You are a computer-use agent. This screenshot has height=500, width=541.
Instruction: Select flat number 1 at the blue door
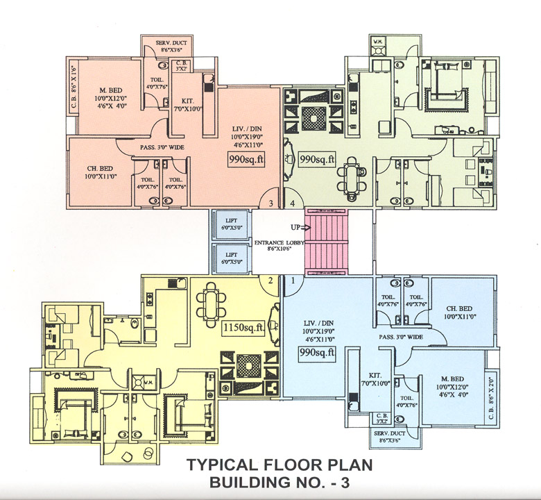[x=293, y=280]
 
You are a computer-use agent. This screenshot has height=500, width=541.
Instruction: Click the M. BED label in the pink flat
[x=111, y=90]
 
